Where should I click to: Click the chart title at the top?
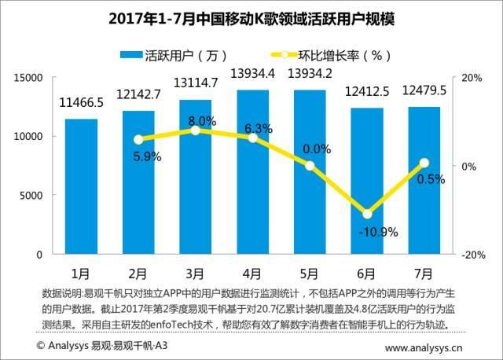[251, 17]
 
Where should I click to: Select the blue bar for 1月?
[81, 187]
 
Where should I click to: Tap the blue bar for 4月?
[252, 172]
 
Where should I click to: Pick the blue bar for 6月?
[366, 182]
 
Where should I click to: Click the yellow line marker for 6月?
[366, 214]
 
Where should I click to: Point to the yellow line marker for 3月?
[196, 130]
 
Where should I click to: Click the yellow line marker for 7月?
[424, 163]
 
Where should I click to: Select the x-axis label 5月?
[310, 273]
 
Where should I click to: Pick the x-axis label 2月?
[138, 273]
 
